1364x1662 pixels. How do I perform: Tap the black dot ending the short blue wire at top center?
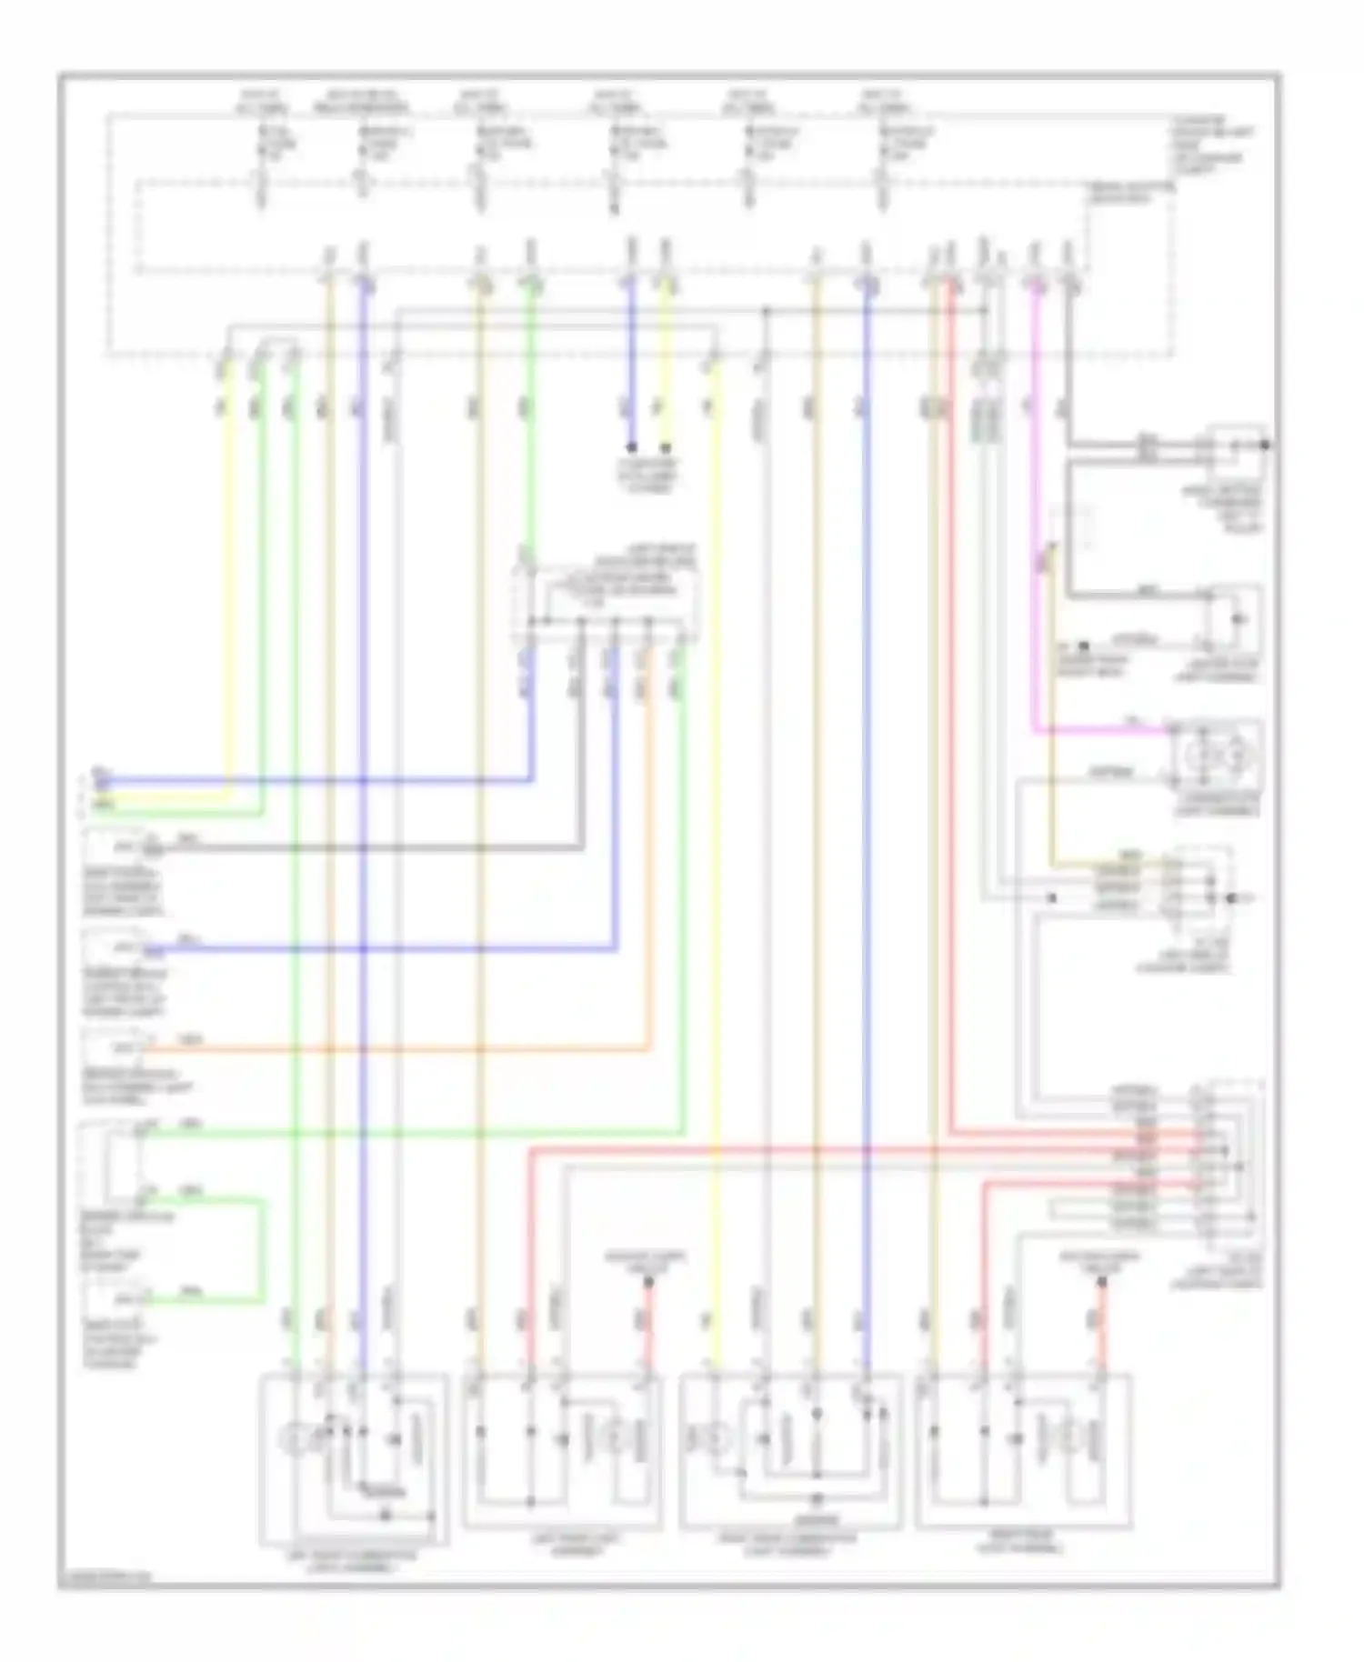(x=632, y=447)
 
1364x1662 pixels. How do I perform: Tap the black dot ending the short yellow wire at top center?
(x=666, y=447)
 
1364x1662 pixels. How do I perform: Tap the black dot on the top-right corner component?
(x=1265, y=446)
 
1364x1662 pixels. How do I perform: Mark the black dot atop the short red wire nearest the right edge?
(x=1101, y=1283)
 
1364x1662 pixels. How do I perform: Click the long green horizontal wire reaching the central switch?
(x=409, y=1133)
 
